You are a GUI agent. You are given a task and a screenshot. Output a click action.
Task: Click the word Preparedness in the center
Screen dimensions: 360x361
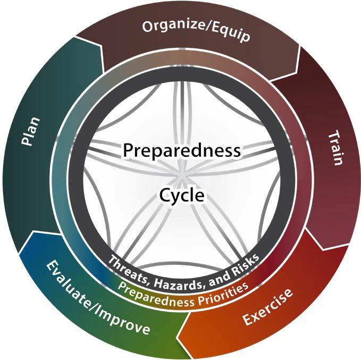182,150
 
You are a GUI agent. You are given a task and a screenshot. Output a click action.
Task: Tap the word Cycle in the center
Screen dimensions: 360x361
182,195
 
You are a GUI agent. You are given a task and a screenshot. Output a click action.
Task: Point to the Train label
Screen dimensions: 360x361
334,148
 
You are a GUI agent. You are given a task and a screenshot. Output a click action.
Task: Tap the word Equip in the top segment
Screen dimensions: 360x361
230,35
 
